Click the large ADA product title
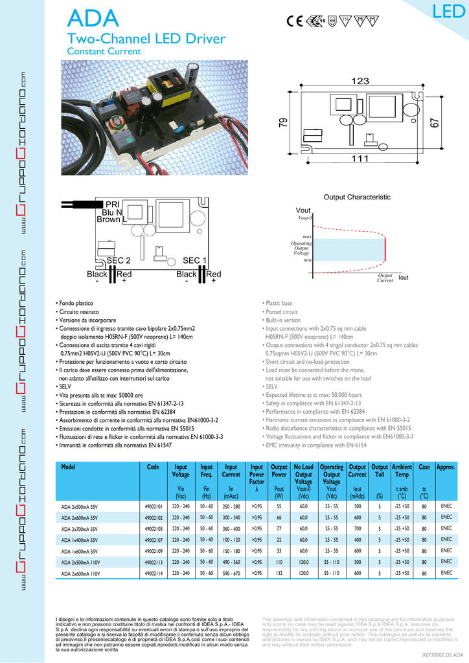pyautogui.click(x=93, y=18)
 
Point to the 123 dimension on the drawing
pyautogui.click(x=360, y=81)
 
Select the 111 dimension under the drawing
pyautogui.click(x=360, y=159)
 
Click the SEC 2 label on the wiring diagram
pyautogui.click(x=119, y=260)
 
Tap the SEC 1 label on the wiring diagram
pyautogui.click(x=194, y=260)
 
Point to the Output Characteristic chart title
pyautogui.click(x=357, y=197)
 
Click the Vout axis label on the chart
pyautogui.click(x=303, y=211)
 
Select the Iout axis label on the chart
pyautogui.click(x=404, y=277)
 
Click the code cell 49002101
pyautogui.click(x=153, y=506)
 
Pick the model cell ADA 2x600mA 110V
pyautogui.click(x=81, y=573)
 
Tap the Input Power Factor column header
pyautogui.click(x=257, y=475)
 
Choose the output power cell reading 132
pyautogui.click(x=279, y=573)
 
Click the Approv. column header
pyautogui.click(x=446, y=467)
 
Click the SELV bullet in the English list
pyautogui.click(x=271, y=387)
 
